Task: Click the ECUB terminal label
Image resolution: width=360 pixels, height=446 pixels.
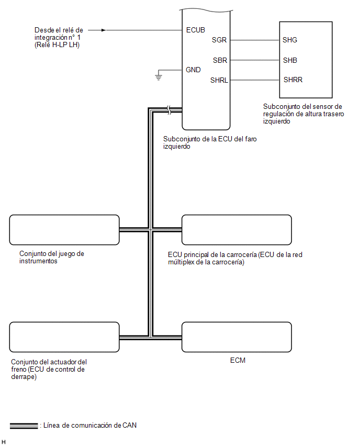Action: (195, 30)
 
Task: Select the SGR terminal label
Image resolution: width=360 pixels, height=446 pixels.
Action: (219, 40)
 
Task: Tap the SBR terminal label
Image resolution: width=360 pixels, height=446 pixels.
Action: (220, 60)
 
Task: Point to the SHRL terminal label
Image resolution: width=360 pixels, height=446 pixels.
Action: (219, 80)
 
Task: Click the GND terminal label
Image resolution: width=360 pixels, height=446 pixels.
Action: (193, 70)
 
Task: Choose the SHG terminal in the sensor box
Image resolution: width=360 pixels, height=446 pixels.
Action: (290, 40)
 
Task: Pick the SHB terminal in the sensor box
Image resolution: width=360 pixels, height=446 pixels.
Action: (290, 60)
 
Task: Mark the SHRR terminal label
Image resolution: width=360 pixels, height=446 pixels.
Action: (293, 80)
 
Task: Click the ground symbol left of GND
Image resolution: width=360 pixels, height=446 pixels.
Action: (159, 77)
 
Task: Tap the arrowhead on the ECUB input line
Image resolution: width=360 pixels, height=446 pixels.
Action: (104, 30)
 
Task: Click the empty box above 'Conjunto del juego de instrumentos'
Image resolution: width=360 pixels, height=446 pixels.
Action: (64, 230)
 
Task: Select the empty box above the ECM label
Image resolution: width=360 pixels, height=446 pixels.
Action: (237, 337)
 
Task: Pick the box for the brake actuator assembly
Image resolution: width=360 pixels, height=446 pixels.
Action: (64, 337)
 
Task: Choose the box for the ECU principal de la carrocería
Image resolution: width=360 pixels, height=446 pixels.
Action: (237, 230)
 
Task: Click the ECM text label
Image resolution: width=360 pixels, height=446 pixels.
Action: (238, 360)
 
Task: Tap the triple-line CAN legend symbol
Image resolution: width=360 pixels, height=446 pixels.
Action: (24, 426)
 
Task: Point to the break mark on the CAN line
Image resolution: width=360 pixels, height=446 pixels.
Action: (168, 110)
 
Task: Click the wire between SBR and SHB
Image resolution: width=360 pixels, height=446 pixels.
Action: (254, 60)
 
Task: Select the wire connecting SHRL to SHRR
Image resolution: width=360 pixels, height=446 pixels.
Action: (254, 80)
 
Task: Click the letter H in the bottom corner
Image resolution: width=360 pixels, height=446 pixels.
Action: (4, 442)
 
